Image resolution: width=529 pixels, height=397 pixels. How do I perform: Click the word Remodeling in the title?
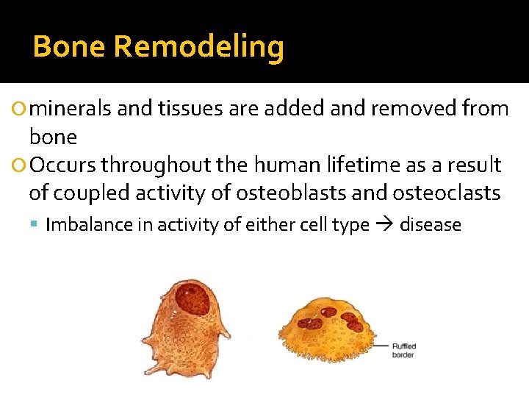click(199, 47)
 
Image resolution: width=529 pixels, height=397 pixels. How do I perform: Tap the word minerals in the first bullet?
click(72, 109)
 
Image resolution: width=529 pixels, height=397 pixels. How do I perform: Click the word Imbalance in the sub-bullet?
click(87, 225)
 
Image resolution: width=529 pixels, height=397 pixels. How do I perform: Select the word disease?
click(430, 225)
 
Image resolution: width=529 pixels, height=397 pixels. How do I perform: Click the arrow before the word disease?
click(384, 225)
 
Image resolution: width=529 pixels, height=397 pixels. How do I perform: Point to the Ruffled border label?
click(403, 350)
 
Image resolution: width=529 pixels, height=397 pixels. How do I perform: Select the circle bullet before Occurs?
click(19, 165)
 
